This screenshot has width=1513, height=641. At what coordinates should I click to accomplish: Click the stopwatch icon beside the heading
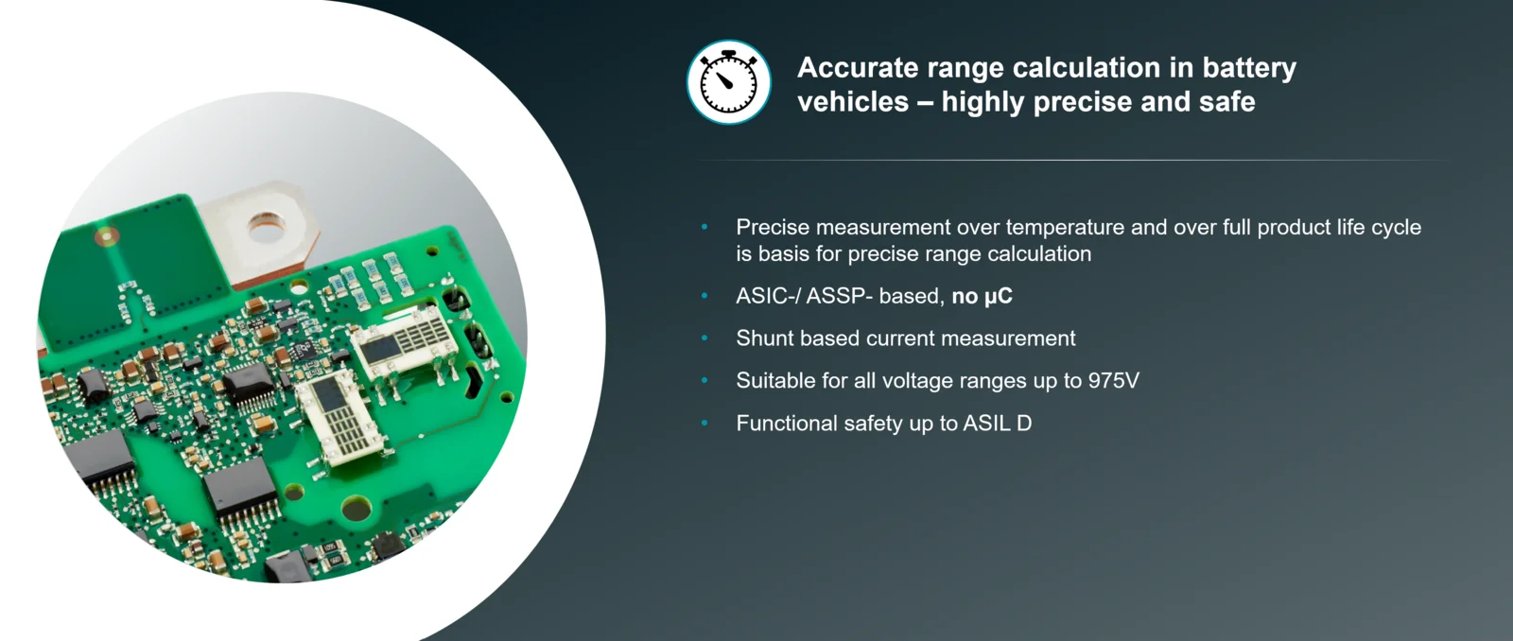pyautogui.click(x=728, y=81)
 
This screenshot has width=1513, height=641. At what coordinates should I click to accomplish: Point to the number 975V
pyautogui.click(x=1113, y=380)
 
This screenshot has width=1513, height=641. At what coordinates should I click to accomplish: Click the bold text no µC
pyautogui.click(x=983, y=296)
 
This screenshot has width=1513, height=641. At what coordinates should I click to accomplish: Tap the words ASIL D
pyautogui.click(x=997, y=423)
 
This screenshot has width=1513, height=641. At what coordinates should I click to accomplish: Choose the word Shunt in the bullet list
pyautogui.click(x=765, y=338)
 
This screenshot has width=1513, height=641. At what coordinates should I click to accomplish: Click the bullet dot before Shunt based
pyautogui.click(x=704, y=338)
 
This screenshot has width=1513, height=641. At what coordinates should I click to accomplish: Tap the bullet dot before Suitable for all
pyautogui.click(x=704, y=380)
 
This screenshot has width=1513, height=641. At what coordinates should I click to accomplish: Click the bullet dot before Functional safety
pyautogui.click(x=704, y=423)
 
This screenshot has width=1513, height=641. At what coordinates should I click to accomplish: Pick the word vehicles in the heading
pyautogui.click(x=853, y=102)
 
